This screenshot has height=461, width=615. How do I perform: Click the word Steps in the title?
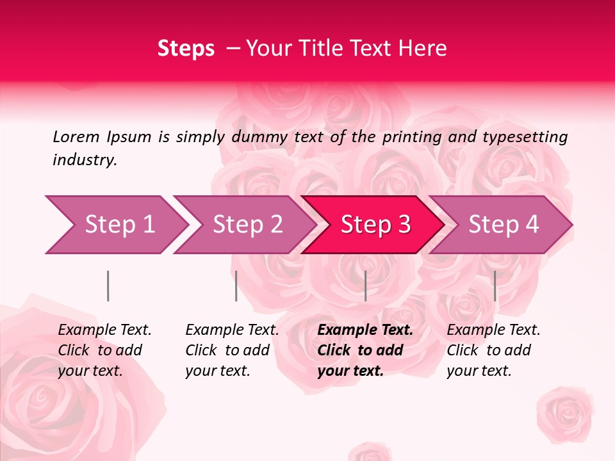186,49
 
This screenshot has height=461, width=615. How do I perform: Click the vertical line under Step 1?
108,286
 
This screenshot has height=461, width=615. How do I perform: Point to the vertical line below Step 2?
236,286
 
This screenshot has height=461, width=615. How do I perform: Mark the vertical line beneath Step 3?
365,286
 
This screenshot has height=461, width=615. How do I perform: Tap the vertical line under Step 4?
495,286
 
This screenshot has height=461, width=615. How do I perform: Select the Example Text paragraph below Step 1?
104,350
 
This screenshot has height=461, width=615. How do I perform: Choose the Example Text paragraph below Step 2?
232,350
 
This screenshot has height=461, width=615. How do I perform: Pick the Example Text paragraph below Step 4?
493,350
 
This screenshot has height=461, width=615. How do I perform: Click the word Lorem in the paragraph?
76,137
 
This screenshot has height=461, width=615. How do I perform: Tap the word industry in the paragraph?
85,160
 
